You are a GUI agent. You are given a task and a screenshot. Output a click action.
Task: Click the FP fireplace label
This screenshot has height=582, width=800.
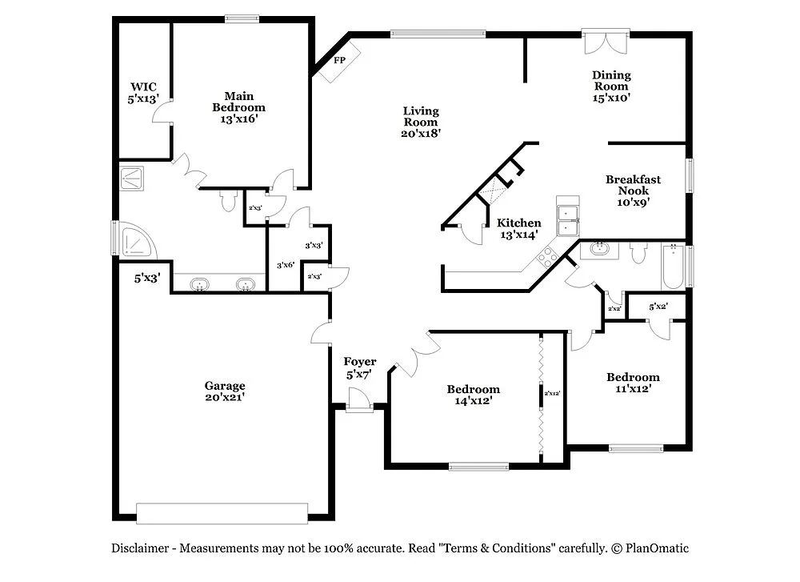coord(339,61)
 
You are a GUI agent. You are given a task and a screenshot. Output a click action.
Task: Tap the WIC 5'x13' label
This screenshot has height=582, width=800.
coord(144,93)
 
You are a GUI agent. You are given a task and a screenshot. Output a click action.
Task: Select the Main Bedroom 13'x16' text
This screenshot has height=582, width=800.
coord(238,107)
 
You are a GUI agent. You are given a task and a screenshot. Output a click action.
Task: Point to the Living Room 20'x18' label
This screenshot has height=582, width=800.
coord(421,122)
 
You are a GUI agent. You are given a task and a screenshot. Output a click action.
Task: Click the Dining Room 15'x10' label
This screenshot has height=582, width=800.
coord(611,86)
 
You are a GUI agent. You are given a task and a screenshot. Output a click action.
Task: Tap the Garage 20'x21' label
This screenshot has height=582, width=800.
coord(224,391)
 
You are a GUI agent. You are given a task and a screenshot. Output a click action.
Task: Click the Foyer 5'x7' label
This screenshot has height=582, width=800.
coord(360,368)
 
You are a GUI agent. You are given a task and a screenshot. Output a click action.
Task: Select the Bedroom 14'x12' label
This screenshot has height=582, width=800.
coord(473,395)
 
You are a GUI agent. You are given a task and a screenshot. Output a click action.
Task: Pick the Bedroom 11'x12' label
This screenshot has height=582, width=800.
coord(633,383)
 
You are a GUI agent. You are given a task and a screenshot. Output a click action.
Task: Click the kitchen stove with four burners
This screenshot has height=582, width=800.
coord(550,257)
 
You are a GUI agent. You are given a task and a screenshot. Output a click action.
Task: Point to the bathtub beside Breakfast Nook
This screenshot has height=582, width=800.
coord(672,268)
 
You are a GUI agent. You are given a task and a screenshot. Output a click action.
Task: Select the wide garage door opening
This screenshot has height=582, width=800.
coord(222,513)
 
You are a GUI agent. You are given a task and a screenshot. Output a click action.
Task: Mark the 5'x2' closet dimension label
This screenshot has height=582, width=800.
coord(658,306)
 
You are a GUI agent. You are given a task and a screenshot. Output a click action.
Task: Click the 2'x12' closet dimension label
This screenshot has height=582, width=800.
coord(552,393)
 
